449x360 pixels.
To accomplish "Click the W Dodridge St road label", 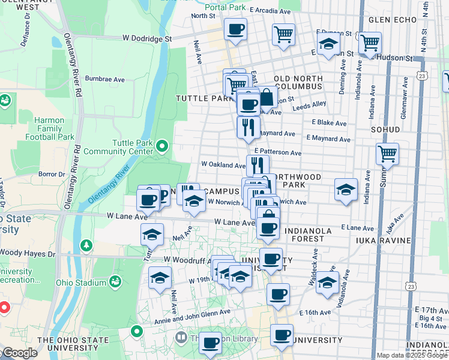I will [147, 38].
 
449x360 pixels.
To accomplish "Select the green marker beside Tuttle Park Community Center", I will [161, 146].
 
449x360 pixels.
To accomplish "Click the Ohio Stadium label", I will [80, 282].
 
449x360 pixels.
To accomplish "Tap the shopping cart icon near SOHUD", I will [387, 154].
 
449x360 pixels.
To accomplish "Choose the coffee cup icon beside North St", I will [235, 28].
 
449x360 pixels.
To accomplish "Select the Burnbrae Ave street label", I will [104, 79].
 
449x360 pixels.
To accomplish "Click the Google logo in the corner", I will [19, 353].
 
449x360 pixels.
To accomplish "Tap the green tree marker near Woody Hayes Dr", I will [87, 245].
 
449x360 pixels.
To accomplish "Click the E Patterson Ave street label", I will [277, 153].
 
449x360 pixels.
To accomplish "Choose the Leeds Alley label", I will [309, 104].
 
